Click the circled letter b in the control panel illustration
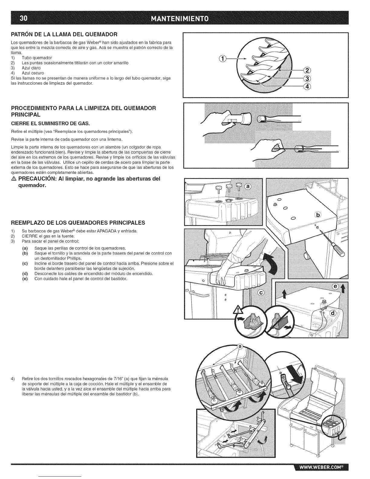(x=318, y=215)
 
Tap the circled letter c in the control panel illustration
(x=261, y=292)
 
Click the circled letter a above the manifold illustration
(x=241, y=347)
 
